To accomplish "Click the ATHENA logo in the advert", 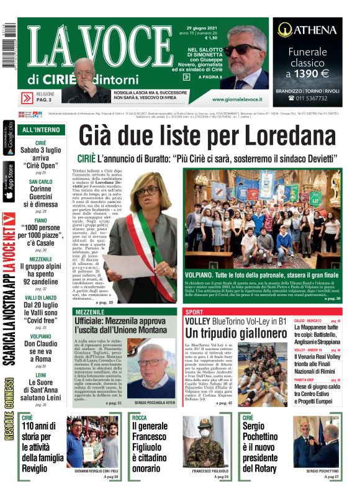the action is coord(307,29).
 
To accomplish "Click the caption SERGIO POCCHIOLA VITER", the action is coord(150,402).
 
